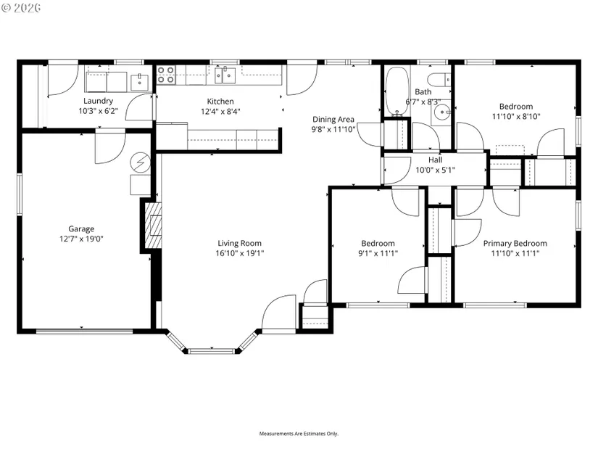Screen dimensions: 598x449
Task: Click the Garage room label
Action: click(81, 228)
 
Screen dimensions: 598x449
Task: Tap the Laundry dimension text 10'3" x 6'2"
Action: click(99, 111)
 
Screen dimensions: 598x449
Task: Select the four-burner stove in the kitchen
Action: click(166, 75)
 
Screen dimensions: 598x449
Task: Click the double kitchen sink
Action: click(225, 75)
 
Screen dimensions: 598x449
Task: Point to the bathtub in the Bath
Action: click(397, 91)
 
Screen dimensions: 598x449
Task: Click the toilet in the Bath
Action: click(439, 80)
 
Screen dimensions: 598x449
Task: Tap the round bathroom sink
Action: click(442, 112)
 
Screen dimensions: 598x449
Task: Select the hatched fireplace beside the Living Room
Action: click(154, 226)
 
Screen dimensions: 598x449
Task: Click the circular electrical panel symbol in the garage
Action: click(140, 163)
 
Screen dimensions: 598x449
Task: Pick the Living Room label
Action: click(239, 243)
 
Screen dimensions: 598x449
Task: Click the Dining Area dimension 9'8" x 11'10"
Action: click(333, 129)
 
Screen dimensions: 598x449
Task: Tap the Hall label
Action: click(435, 160)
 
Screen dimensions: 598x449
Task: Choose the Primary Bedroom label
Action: click(515, 243)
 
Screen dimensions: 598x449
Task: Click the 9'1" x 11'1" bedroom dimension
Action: click(378, 253)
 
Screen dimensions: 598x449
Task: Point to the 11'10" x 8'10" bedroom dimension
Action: click(516, 117)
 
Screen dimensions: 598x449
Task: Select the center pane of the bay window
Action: click(212, 351)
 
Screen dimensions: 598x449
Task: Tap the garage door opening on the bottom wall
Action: click(84, 331)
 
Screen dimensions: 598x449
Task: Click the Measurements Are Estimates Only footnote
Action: click(299, 434)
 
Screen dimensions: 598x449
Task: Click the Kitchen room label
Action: click(220, 101)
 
